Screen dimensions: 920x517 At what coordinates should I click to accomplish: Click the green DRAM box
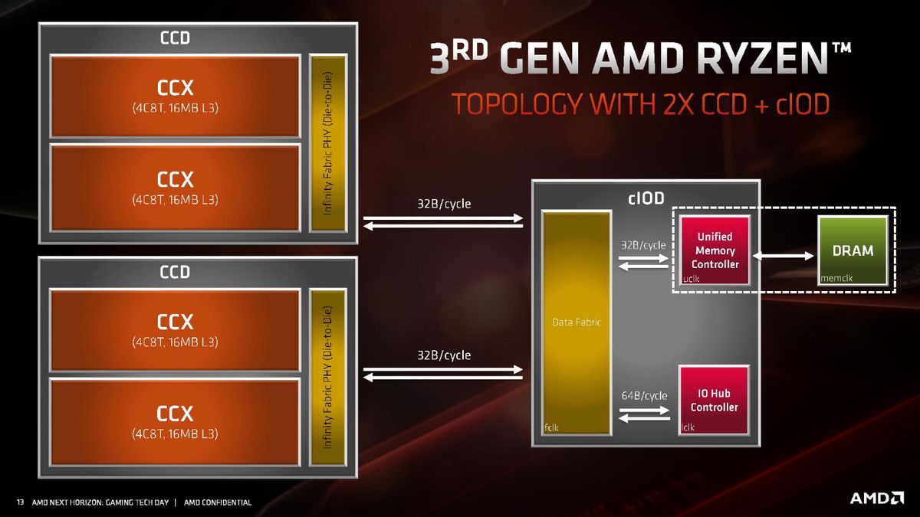[x=853, y=250]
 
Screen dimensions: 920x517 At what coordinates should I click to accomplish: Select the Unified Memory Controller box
[x=715, y=250]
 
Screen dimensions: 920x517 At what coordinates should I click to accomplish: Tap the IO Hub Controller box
[x=714, y=400]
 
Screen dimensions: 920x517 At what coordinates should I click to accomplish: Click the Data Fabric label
[x=577, y=322]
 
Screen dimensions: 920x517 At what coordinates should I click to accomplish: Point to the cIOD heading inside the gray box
[x=646, y=198]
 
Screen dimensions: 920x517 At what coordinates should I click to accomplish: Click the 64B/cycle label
[x=644, y=395]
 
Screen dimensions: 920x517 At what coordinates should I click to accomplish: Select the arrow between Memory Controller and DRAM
[x=783, y=256]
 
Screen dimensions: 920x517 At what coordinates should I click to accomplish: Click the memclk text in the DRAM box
[x=836, y=278]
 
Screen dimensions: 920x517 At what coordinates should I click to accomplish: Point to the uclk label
[x=691, y=279]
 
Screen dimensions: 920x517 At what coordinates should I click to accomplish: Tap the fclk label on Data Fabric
[x=551, y=427]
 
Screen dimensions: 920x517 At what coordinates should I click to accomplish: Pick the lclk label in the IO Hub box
[x=688, y=427]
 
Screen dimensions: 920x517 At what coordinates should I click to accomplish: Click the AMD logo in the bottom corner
[x=877, y=498]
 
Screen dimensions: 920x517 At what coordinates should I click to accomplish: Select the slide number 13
[x=20, y=502]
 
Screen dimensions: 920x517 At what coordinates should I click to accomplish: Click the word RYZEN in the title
[x=762, y=59]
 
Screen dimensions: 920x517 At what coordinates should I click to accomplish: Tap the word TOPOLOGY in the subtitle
[x=516, y=104]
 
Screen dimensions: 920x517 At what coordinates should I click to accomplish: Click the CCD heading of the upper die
[x=175, y=38]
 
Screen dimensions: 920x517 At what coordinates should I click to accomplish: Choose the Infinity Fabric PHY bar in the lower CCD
[x=328, y=377]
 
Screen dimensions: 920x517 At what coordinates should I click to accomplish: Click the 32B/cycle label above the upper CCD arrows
[x=444, y=204]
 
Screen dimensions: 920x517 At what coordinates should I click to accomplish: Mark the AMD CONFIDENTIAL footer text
[x=218, y=502]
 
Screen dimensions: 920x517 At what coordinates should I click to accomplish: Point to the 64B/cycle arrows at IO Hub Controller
[x=645, y=414]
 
